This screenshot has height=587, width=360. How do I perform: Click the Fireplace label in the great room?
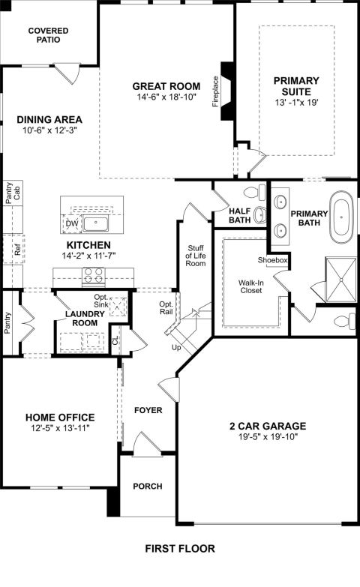coord(215,91)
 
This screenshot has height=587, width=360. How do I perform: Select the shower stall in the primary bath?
coord(341,280)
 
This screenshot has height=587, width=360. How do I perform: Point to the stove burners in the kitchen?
coord(93,276)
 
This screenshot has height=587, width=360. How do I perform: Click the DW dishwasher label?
coord(72,224)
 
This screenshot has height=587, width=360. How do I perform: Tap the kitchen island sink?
coord(96,223)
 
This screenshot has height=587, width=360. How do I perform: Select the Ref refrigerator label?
coord(17,250)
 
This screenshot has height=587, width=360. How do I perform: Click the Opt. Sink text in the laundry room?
coord(101,301)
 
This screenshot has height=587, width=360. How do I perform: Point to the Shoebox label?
coord(272,260)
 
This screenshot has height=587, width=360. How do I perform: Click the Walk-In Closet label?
coord(251,286)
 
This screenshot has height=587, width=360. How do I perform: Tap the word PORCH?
coord(148,487)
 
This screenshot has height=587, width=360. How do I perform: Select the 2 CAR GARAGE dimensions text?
coord(268,436)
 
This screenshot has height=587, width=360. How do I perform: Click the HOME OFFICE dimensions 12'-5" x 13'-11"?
coord(61,428)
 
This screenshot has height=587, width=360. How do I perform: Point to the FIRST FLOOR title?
coord(180,549)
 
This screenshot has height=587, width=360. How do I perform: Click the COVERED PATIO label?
coord(48,34)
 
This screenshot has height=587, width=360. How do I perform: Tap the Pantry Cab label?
coord(13,193)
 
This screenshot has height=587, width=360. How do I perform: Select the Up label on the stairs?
coord(176,348)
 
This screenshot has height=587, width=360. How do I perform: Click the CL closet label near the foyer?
coord(115,340)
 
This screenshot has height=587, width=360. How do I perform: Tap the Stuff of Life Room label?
coord(196,256)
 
